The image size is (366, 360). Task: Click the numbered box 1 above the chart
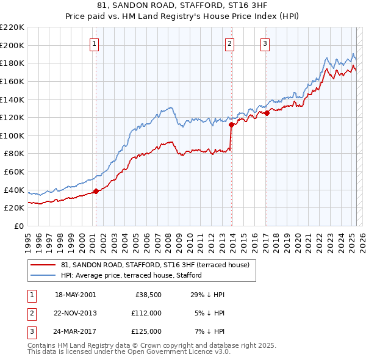(96, 43)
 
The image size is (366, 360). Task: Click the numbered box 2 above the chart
(230, 43)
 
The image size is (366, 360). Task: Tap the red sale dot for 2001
(96, 191)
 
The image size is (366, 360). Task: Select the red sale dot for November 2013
(231, 125)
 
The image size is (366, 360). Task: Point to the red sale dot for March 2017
(267, 113)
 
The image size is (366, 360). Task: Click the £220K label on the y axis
(12, 27)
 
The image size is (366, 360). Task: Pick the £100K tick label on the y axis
(12, 135)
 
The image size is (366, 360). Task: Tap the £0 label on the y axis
(20, 226)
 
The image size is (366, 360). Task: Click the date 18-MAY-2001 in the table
(76, 295)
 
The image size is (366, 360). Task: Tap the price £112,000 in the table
(146, 313)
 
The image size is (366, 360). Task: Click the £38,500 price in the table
(148, 295)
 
